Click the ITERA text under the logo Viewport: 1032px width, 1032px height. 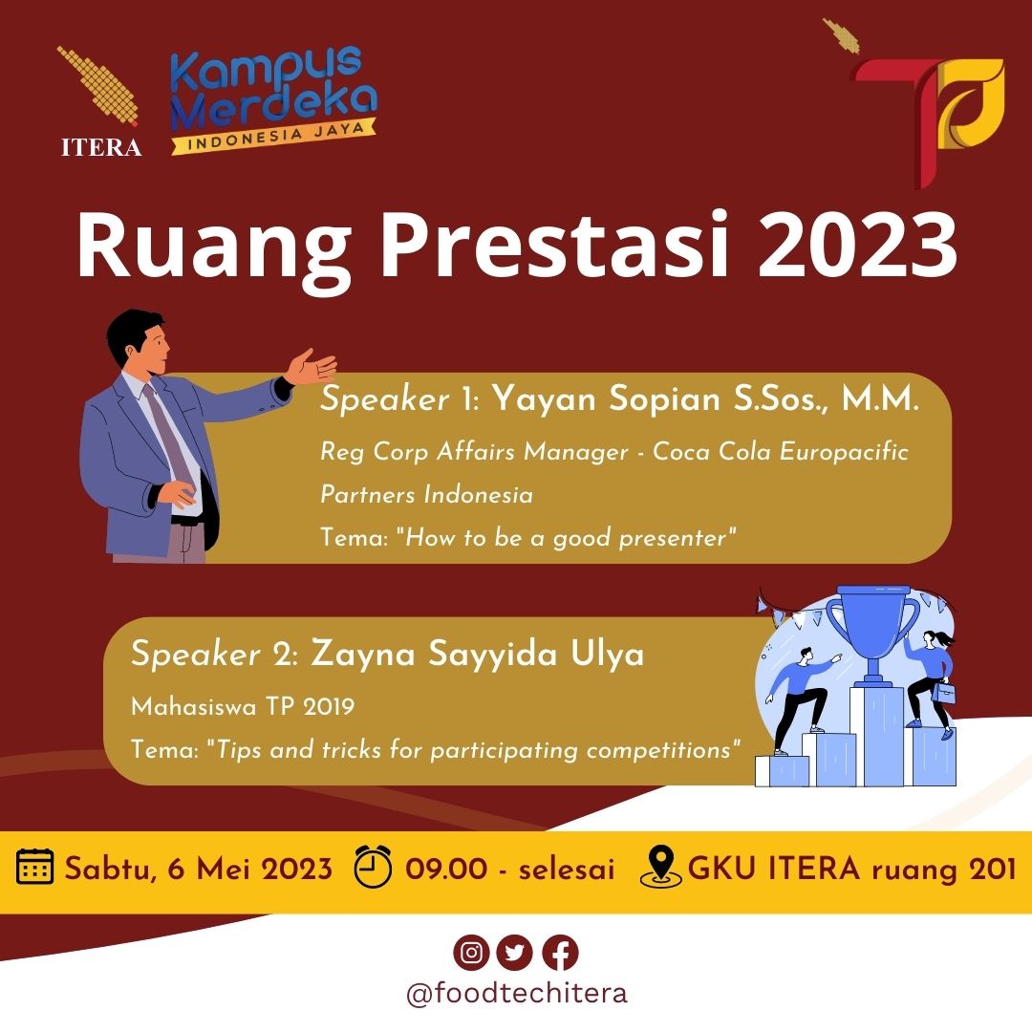101,147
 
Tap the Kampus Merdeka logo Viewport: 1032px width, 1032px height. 272,98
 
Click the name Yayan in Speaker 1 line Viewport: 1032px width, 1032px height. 544,398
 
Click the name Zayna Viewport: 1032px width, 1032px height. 363,655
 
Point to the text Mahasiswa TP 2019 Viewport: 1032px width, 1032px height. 243,707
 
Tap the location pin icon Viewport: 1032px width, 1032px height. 661,867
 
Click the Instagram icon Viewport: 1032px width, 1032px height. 471,953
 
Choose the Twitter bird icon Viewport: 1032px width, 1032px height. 515,953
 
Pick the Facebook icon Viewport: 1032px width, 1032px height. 560,953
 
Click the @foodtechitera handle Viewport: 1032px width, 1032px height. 517,993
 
